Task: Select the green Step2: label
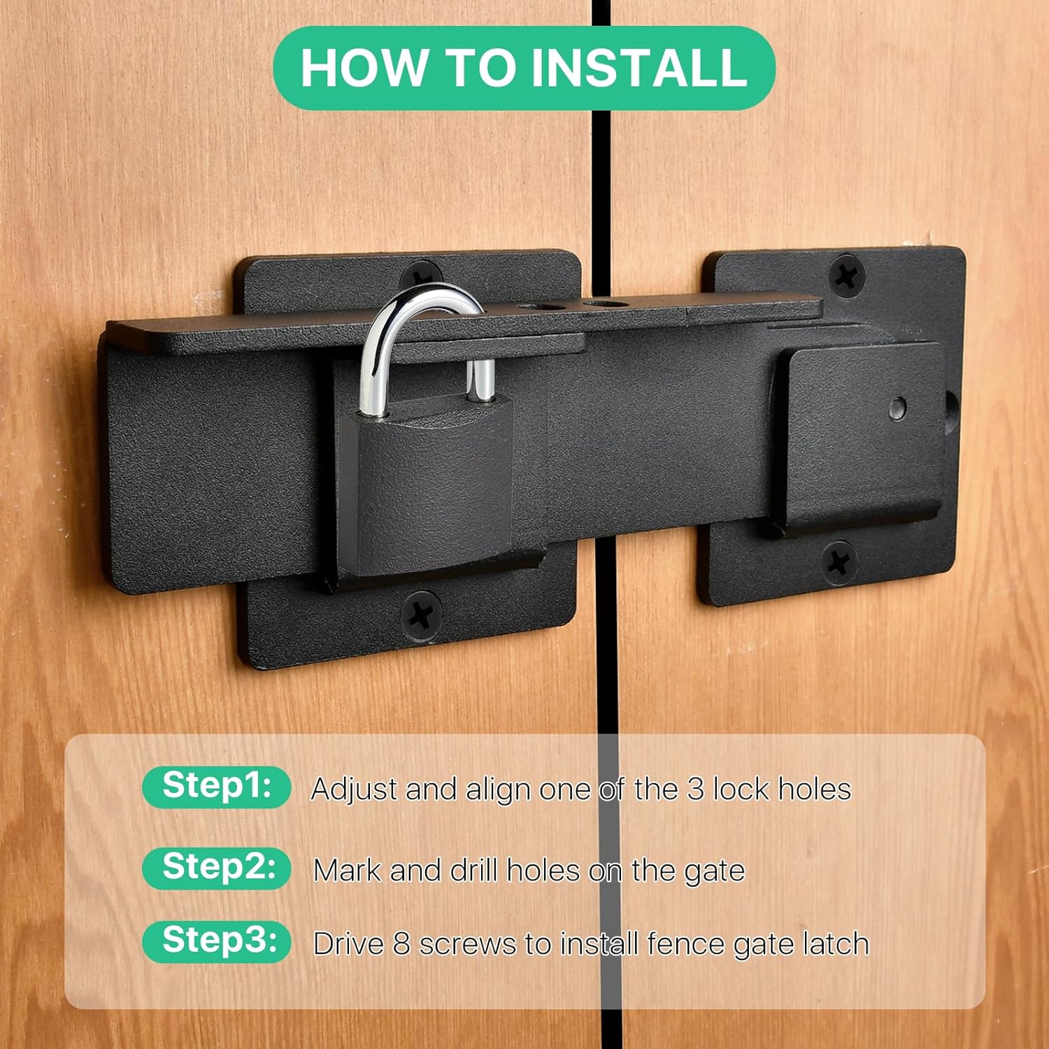[217, 868]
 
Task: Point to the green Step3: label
[217, 941]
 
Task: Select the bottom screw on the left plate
[422, 614]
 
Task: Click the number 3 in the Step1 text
[695, 790]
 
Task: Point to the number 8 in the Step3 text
[401, 944]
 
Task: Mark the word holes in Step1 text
[815, 790]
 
